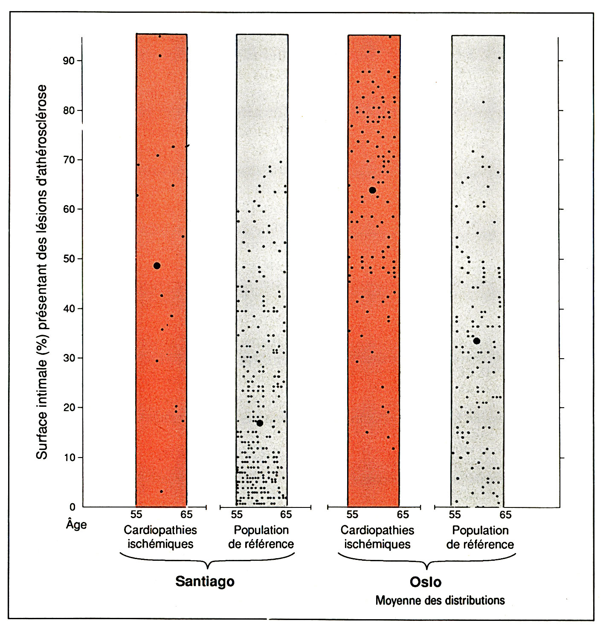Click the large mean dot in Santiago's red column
point(157,266)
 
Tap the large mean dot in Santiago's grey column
point(260,423)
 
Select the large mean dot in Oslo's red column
point(372,190)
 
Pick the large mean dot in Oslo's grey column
point(477,341)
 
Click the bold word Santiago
point(205,582)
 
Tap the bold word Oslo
point(425,582)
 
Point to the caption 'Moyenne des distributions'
point(440,600)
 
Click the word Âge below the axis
point(76,524)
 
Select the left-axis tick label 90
point(68,61)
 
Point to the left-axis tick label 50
point(68,259)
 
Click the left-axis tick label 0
point(72,507)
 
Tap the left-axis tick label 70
point(68,160)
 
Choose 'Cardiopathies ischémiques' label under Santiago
point(160,537)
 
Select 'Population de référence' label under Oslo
point(480,537)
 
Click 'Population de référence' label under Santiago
point(261,537)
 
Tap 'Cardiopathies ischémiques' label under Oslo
point(377,537)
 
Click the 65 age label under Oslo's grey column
point(505,515)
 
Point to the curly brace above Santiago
point(207,560)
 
